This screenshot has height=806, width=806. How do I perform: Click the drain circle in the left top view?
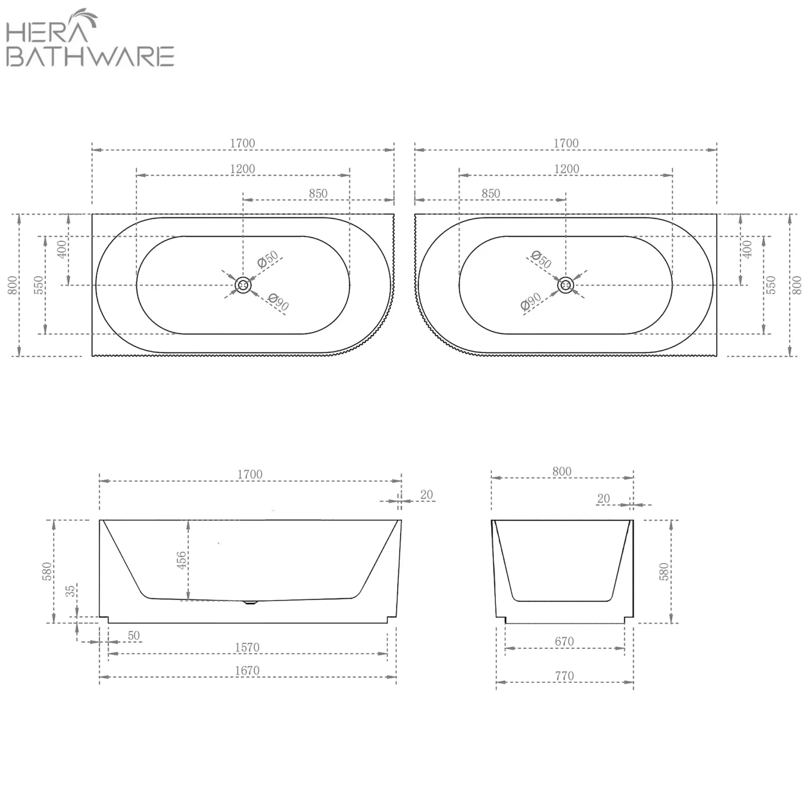pyautogui.click(x=243, y=285)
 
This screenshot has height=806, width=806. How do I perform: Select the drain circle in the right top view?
pyautogui.click(x=565, y=285)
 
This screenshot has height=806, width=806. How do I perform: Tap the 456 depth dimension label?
pyautogui.click(x=182, y=560)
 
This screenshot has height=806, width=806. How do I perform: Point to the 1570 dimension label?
pyautogui.click(x=247, y=647)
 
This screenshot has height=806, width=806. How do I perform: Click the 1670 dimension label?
pyautogui.click(x=247, y=671)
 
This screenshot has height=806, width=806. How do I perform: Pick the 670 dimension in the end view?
pyautogui.click(x=564, y=641)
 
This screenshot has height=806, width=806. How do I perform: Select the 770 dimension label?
pyautogui.click(x=564, y=676)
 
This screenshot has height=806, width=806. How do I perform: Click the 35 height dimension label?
pyautogui.click(x=70, y=592)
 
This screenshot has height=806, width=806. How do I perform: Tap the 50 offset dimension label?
pyautogui.click(x=133, y=635)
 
